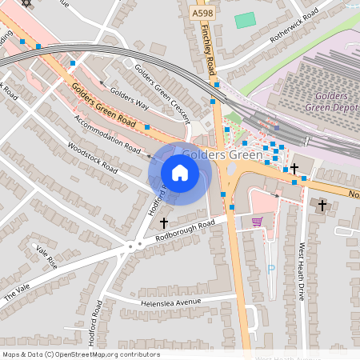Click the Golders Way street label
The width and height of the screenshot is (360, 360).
click(130, 97)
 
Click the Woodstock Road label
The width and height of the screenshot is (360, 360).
click(94, 158)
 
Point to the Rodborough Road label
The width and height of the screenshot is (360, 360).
click(185, 228)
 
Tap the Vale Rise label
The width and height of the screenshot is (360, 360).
click(46, 257)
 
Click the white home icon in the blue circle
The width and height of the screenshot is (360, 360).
click(180, 173)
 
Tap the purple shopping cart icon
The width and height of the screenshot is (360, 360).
click(257, 222)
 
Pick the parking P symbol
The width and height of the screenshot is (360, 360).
click(270, 269)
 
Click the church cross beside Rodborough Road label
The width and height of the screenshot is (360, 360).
click(164, 222)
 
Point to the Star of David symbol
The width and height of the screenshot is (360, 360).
click(26, 3)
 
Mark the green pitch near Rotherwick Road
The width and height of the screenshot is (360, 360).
click(246, 20)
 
